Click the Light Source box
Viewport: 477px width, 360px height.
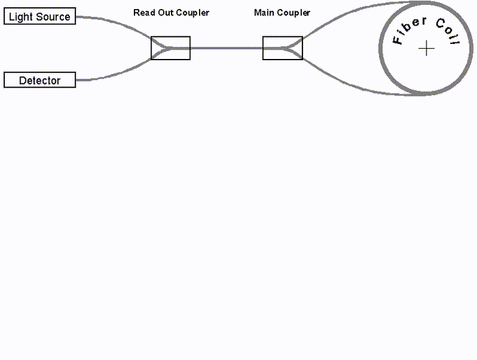40,16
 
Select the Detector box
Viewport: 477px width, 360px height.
40,80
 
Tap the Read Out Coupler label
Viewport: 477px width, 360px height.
171,13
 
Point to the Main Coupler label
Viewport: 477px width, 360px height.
282,13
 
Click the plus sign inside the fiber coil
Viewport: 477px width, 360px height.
427,49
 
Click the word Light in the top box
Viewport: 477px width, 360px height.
21,16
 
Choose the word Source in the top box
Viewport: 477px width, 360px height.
53,16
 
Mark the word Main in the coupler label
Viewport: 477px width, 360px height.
264,13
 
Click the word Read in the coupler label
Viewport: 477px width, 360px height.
144,13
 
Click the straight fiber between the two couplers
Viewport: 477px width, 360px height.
226,48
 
